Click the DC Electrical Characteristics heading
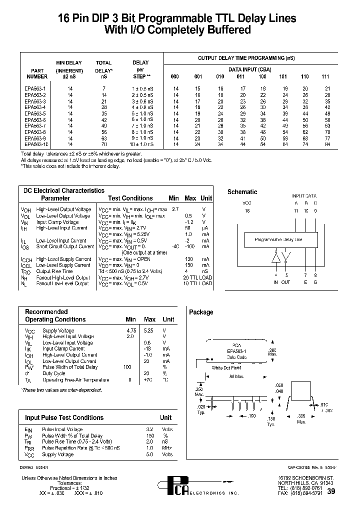[x=64, y=190]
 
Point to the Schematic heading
[x=242, y=191]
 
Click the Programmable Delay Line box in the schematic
[x=278, y=240]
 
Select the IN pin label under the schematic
[x=275, y=282]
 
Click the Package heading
[x=201, y=312]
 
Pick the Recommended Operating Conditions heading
[x=55, y=315]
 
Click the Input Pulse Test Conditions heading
[x=64, y=417]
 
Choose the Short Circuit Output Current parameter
[x=65, y=246]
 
